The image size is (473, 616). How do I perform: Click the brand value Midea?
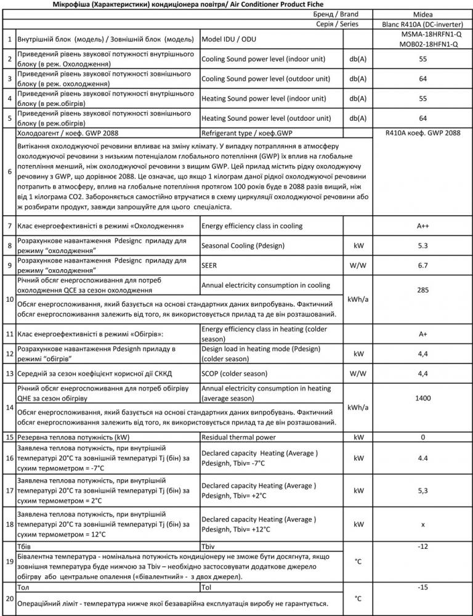422,13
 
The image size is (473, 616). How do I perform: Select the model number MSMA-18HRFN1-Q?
422,34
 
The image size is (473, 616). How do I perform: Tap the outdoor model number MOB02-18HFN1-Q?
422,44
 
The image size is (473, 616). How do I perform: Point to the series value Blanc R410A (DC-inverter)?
422,23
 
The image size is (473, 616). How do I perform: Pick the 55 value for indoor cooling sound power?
422,59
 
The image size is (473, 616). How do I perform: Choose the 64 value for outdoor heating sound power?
422,118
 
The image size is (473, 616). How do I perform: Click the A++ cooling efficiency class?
422,226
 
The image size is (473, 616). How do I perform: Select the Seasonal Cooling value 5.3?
422,246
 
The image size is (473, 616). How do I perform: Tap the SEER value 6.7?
422,265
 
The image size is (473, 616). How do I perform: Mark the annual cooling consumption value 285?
422,289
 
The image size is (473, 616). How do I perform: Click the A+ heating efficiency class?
422,334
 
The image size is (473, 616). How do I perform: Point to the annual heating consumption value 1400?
422,399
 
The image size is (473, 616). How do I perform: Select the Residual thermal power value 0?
422,437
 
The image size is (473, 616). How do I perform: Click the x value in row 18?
422,524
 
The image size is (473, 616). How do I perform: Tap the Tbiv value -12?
422,547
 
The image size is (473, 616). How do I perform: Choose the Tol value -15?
422,588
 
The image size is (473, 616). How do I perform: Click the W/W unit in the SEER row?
358,265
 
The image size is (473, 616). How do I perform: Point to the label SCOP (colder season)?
234,373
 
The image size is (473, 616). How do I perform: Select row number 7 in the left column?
9,226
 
